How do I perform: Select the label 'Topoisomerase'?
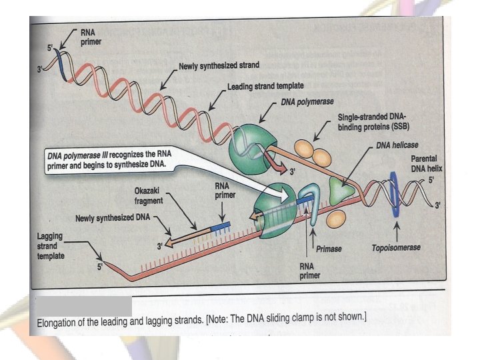click(x=395, y=247)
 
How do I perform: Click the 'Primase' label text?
click(x=329, y=248)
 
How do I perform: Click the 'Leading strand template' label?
click(x=265, y=87)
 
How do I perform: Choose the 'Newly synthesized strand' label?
click(x=219, y=66)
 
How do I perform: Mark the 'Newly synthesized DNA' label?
click(x=113, y=218)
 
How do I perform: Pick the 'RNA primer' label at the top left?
click(x=91, y=36)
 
